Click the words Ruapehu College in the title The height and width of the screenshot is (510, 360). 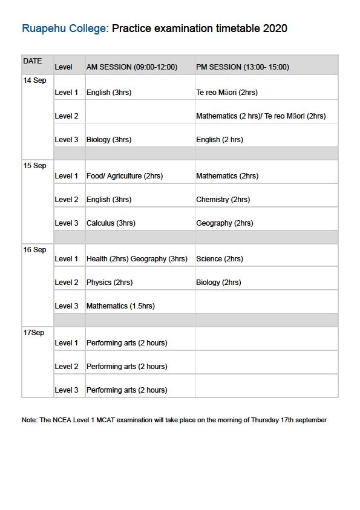pyautogui.click(x=65, y=28)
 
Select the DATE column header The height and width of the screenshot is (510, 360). pyautogui.click(x=33, y=61)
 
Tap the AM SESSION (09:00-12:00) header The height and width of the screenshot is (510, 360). pyautogui.click(x=132, y=67)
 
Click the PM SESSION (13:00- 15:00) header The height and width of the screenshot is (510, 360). pyautogui.click(x=243, y=67)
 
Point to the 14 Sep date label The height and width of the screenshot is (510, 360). pyautogui.click(x=34, y=81)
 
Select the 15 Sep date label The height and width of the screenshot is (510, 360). pyautogui.click(x=34, y=166)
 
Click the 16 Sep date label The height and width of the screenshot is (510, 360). pyautogui.click(x=34, y=250)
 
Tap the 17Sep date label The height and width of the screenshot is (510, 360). pyautogui.click(x=33, y=333)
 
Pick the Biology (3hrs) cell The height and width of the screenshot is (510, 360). pyautogui.click(x=109, y=140)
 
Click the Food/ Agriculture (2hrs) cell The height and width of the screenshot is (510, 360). pyautogui.click(x=125, y=176)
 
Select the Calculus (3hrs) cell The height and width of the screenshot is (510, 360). pyautogui.click(x=111, y=223)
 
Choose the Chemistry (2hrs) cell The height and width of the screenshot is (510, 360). pyautogui.click(x=223, y=200)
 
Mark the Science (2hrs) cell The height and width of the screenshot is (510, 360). pyautogui.click(x=220, y=259)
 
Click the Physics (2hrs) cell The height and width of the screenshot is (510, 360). pyautogui.click(x=110, y=283)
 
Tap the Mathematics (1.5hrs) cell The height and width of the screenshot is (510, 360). pyautogui.click(x=120, y=306)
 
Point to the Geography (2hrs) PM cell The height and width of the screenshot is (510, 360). pyautogui.click(x=224, y=223)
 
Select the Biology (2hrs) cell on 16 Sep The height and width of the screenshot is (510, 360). pyautogui.click(x=218, y=283)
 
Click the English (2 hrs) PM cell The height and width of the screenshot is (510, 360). pyautogui.click(x=220, y=140)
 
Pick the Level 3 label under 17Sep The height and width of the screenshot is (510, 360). pyautogui.click(x=67, y=390)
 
